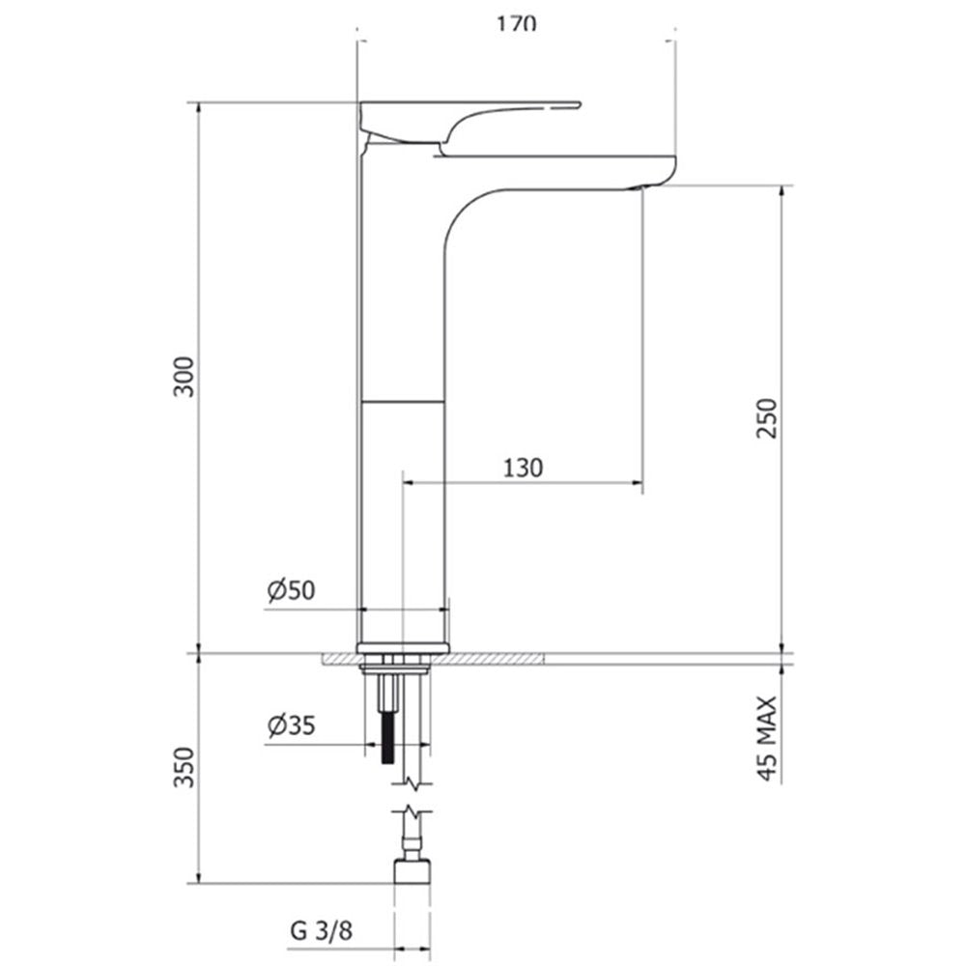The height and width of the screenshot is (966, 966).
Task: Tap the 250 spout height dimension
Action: (765, 417)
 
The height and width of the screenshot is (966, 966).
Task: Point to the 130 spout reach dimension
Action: (523, 468)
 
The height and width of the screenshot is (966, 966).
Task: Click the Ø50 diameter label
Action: (292, 590)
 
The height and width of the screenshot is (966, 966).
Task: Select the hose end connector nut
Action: (412, 869)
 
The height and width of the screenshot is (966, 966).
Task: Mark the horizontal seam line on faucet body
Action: (403, 400)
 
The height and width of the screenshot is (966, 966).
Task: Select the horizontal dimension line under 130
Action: (523, 481)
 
